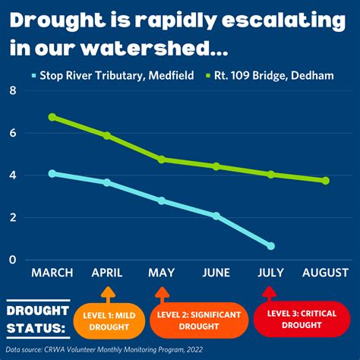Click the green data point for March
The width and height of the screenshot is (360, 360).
coord(52,117)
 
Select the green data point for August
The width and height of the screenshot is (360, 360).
coord(326,181)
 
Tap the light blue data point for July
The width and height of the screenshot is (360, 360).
coord(271,246)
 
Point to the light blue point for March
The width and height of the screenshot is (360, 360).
coord(52,174)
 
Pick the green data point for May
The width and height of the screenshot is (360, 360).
coord(162,159)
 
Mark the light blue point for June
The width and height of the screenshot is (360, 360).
coord(216,216)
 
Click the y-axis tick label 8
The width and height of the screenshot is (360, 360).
coord(13,90)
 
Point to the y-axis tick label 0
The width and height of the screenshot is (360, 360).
coord(12,260)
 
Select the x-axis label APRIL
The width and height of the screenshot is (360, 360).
coord(107,273)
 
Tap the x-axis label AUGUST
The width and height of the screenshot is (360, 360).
coord(326,273)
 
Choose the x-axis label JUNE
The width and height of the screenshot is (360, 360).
coord(216,273)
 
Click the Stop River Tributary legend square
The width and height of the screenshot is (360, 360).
coord(34,75)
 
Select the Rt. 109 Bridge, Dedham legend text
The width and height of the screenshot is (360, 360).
coord(274,75)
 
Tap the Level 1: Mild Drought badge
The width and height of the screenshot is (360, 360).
coord(109,321)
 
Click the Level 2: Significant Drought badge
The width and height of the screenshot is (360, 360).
coord(199,321)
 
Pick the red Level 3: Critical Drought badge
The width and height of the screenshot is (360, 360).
coord(302,319)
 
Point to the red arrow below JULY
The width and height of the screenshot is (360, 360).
coord(270,294)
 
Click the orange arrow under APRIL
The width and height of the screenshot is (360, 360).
coord(108,295)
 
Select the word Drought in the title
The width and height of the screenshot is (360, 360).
coord(58,21)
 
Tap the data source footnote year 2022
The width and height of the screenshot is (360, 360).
coord(194,349)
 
